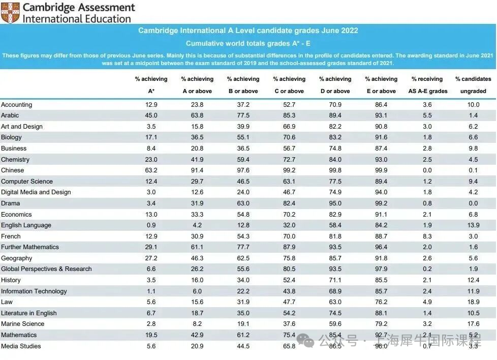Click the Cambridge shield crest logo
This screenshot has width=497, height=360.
coord(10,13)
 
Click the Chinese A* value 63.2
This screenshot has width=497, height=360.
coord(151,170)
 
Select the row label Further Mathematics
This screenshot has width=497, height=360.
coord(30,247)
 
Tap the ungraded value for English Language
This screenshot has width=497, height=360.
coord(473,225)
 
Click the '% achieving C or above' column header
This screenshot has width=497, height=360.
coord(289,85)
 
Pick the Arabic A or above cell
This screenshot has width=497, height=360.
coord(197,115)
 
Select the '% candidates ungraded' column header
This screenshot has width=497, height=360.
coord(473,85)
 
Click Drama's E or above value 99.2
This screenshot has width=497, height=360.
coord(381,203)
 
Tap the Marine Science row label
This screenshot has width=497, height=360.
coord(22,324)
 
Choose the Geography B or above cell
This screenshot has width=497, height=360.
coord(243,258)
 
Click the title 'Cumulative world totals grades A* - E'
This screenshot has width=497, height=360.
coord(248,44)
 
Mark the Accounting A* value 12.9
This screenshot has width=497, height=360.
coord(151,105)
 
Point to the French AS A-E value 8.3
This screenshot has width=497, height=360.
coord(427,236)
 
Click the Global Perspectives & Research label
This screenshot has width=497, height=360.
coord(46,269)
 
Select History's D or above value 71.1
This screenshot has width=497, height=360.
coord(335,280)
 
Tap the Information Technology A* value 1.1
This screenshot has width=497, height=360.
coord(151,291)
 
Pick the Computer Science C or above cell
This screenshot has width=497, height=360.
coord(289,182)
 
